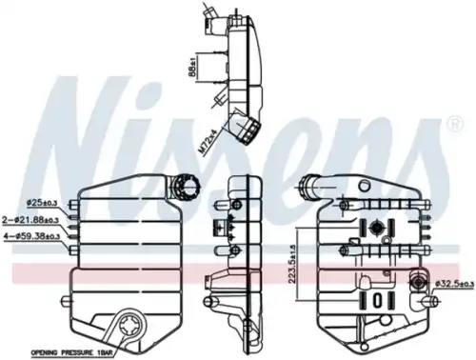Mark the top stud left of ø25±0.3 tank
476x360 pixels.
pos(72,203)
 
